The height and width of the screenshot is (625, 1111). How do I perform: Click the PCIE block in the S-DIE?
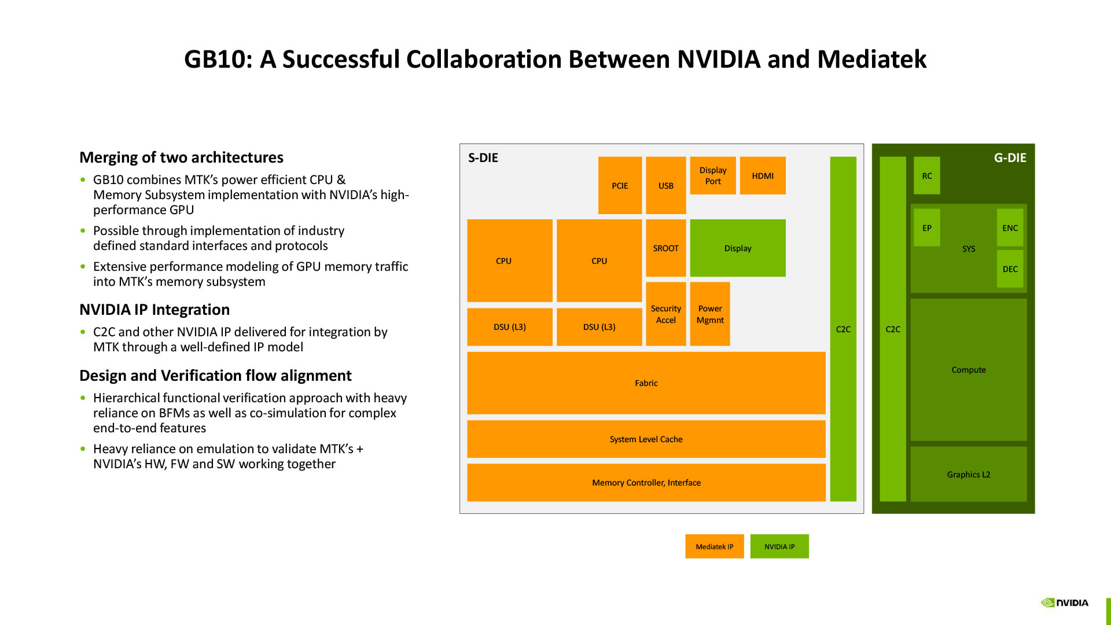point(620,185)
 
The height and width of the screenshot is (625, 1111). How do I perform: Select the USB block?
point(665,185)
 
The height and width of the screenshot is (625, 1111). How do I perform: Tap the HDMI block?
point(762,175)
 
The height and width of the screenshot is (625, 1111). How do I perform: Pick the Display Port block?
point(712,175)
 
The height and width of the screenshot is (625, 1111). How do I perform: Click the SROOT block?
point(665,248)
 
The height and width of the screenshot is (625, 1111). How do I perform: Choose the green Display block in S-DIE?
point(737,248)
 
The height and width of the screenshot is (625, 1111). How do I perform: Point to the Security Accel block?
point(665,314)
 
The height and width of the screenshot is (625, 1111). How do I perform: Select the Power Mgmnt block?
point(709,314)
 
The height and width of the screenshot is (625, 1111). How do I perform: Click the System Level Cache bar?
point(646,439)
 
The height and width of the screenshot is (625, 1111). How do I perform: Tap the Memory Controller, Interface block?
point(646,482)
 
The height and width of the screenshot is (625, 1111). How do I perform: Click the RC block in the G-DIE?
point(926,175)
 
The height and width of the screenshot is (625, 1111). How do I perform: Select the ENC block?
point(1010,227)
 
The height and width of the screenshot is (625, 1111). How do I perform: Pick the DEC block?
point(1010,269)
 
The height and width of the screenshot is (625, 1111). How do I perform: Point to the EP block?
point(926,227)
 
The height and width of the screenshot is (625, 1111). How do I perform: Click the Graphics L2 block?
point(968,474)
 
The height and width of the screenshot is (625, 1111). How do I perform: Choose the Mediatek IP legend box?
point(714,546)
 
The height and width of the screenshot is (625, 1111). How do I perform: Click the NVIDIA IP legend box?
point(779,546)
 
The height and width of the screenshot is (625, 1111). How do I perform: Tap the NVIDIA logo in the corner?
point(1065,602)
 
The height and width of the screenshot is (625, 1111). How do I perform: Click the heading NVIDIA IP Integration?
point(154,310)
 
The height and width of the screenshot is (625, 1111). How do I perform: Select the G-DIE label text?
point(1010,157)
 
